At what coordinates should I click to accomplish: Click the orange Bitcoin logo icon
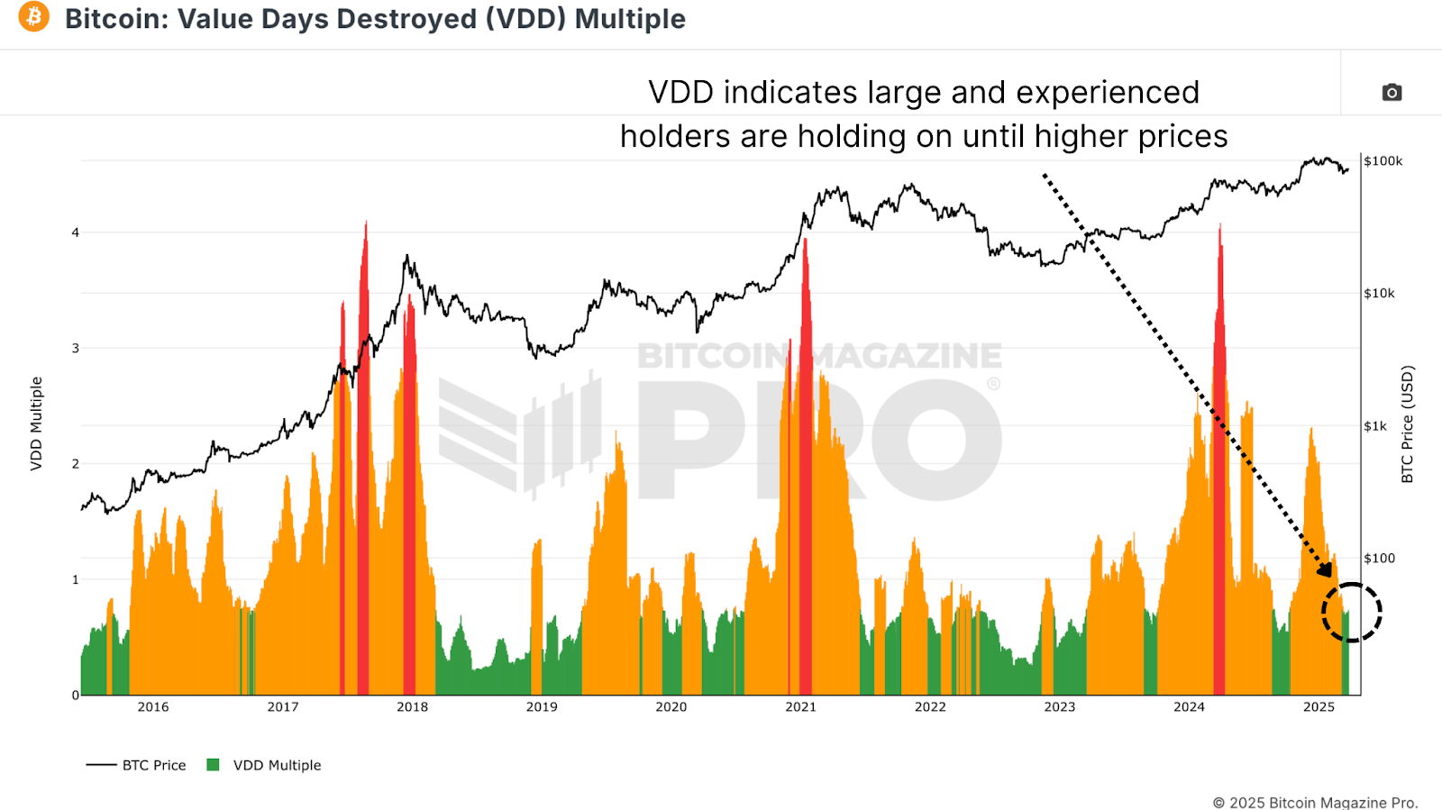[34, 17]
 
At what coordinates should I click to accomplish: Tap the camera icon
[1392, 93]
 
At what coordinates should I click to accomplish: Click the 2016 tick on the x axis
[153, 707]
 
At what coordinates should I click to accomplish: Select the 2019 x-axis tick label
[542, 707]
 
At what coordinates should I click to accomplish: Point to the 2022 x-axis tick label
[930, 707]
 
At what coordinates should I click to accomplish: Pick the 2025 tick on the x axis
[1319, 707]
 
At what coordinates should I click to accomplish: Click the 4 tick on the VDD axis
[76, 232]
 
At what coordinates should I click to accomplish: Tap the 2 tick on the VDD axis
[76, 464]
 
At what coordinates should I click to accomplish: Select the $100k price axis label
[1383, 161]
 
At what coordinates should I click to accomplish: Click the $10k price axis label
[1379, 294]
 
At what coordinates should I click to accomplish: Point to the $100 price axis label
[1379, 559]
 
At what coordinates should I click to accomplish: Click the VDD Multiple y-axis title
[36, 423]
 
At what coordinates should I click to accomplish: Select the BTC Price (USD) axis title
[1408, 423]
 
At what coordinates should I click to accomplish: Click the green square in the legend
[214, 765]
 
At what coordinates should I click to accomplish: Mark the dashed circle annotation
[1351, 613]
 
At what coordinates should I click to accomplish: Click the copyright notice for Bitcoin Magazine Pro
[1315, 802]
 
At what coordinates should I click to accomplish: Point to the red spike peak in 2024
[1219, 227]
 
